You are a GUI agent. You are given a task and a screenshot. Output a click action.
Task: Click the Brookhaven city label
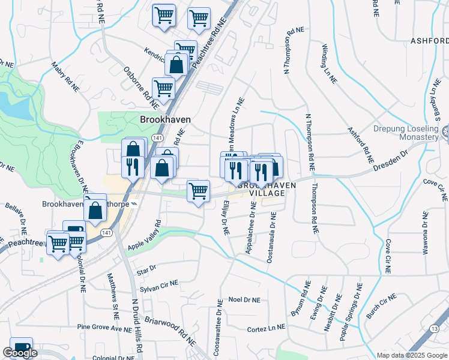[165, 119]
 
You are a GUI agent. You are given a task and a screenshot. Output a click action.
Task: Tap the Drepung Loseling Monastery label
[406, 133]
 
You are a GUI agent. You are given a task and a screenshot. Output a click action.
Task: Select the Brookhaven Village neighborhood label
[267, 190]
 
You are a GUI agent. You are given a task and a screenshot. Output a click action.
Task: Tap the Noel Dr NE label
[244, 299]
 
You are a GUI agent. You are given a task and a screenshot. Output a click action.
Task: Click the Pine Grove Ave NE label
[104, 328]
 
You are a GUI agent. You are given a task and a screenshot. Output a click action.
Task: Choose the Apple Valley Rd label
[145, 236]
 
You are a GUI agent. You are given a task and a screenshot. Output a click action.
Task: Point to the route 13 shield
[435, 328]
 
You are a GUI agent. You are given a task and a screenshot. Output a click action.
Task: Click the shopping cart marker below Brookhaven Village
[198, 191]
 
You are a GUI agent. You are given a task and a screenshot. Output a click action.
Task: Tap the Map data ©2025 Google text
[412, 355]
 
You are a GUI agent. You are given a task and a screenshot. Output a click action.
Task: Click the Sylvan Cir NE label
[159, 286]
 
